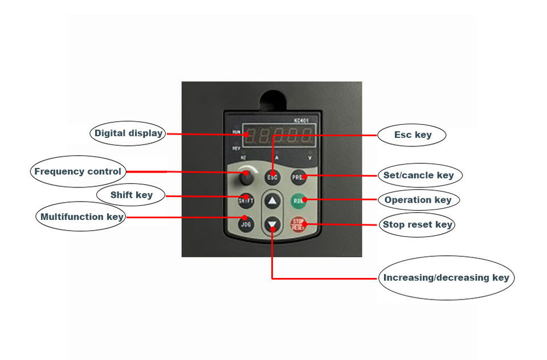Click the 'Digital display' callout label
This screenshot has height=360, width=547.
128,133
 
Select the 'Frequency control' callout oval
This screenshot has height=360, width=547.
77,171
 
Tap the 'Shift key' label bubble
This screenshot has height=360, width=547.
132,195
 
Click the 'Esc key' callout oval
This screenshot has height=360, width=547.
413,135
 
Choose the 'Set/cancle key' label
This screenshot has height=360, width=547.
419,175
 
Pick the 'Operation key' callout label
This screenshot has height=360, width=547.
418,200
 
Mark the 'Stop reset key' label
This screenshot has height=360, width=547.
418,224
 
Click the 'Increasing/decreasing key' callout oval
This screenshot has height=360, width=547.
446,278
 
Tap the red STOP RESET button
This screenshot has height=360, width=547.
299,224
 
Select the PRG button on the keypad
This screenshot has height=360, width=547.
298,177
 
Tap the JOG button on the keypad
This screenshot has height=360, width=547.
246,224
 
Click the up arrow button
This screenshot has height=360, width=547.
273,201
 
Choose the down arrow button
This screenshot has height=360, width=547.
273,224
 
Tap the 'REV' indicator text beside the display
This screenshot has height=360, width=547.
236,148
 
